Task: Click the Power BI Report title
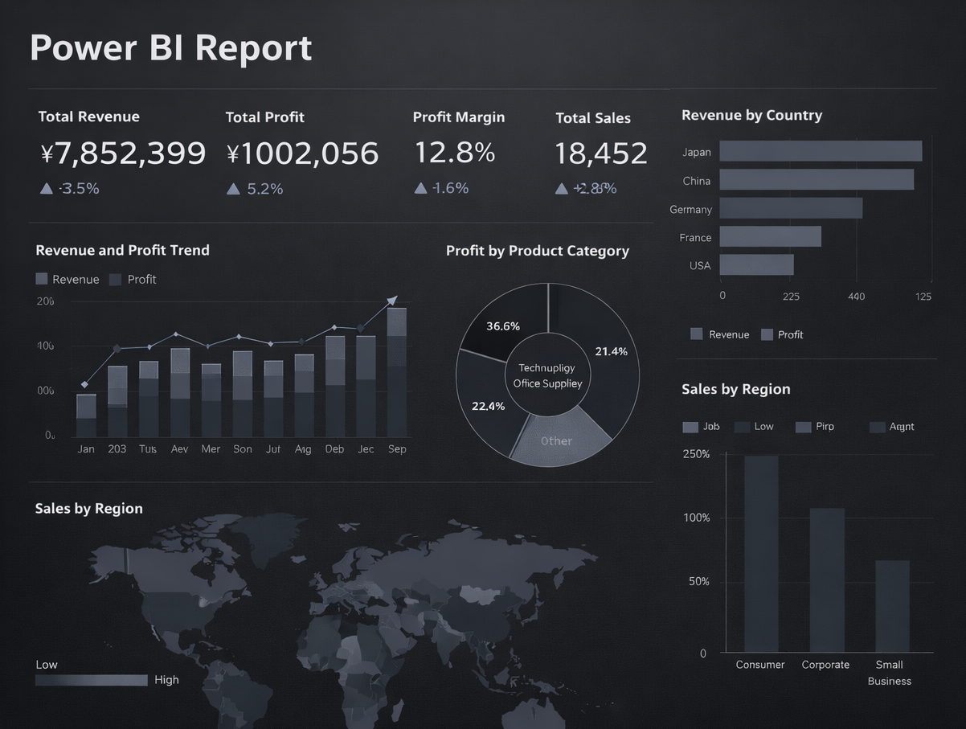(170, 48)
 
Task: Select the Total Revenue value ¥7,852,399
(122, 154)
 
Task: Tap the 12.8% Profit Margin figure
(454, 153)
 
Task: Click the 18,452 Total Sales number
(600, 154)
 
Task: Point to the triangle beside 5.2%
(233, 189)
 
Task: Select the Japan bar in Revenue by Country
(820, 151)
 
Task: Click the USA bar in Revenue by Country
(755, 265)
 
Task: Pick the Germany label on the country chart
(690, 210)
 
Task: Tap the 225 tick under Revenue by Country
(791, 297)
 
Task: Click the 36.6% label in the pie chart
(503, 326)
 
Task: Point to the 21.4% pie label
(611, 351)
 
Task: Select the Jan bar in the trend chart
(86, 416)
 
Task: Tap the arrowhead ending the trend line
(392, 301)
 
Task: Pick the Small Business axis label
(889, 673)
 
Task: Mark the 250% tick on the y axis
(696, 454)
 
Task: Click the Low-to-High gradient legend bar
(91, 680)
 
